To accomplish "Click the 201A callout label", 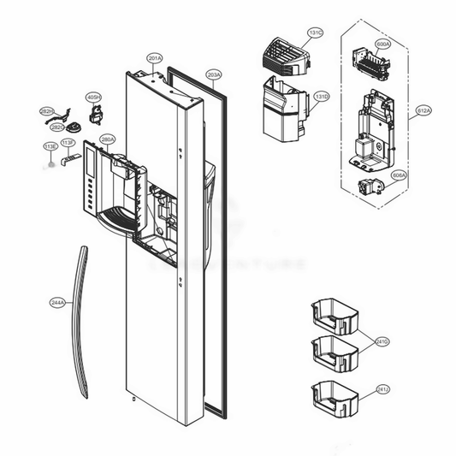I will pos(155,58).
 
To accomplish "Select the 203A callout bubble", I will pos(213,75).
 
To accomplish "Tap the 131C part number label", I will pos(315,33).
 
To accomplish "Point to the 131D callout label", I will pos(321,96).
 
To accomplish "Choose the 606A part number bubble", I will pos(398,175).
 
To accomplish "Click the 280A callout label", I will pos(108,139).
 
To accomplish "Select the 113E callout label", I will pos(50,147).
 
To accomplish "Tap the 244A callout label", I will pos(57,302).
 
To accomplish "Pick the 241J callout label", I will pos(382,389).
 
